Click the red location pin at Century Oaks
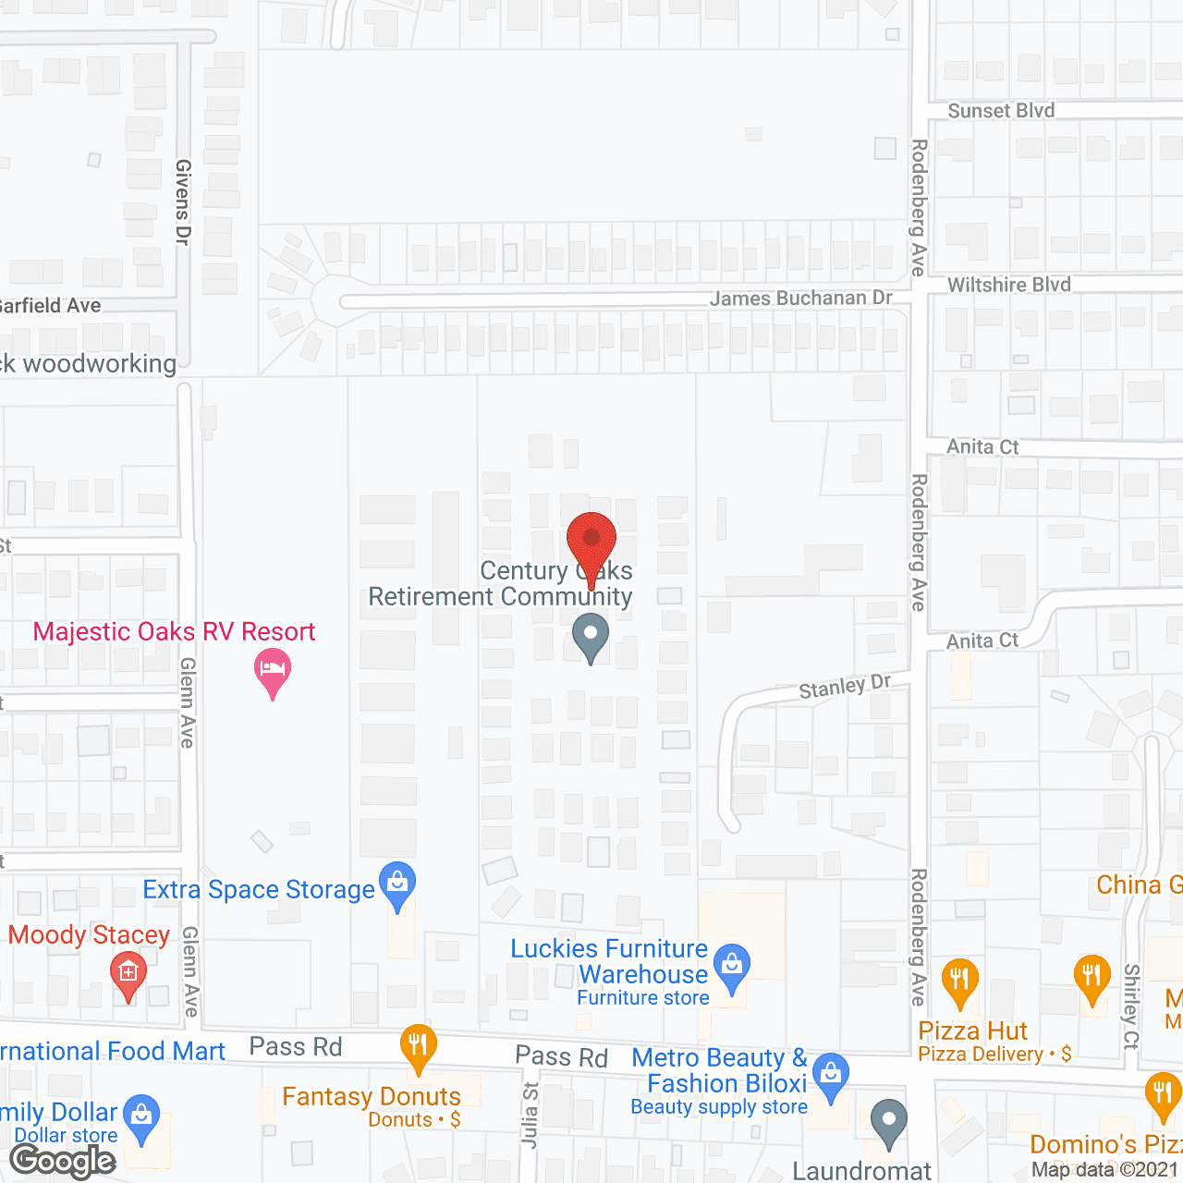[x=591, y=541]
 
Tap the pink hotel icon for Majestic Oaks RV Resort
[x=272, y=668]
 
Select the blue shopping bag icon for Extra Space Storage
[x=397, y=884]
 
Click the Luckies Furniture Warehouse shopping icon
[x=732, y=965]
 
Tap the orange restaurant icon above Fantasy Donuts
[x=419, y=1046]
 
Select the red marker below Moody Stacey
[x=128, y=973]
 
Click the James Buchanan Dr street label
[x=800, y=298]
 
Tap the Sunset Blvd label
[x=1001, y=111]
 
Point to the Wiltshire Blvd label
[x=1009, y=285]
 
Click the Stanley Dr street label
[x=845, y=687]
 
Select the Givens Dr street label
[x=183, y=201]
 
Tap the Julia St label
[x=530, y=1115]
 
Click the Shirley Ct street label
[x=1131, y=1006]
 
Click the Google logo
[x=63, y=1161]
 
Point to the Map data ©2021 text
[x=1105, y=1169]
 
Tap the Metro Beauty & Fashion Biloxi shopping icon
[x=831, y=1074]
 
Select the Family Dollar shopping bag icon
[x=141, y=1116]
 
